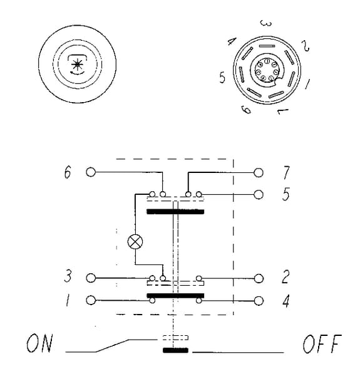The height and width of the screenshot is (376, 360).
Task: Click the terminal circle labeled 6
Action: coord(91,172)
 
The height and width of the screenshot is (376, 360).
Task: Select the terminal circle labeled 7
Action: coord(258,172)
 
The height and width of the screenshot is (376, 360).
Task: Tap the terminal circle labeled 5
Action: coord(258,194)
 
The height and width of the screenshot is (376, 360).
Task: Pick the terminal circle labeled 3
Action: coord(91,278)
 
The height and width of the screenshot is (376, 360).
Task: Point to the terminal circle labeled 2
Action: coord(259,279)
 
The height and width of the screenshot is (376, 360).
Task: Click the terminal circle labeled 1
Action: coord(91,300)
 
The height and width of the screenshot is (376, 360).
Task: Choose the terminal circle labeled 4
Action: coord(259,301)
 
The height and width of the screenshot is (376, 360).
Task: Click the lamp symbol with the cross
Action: coord(135,241)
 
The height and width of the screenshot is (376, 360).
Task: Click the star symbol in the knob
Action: coord(77,65)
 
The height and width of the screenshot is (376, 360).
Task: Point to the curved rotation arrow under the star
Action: coord(77,73)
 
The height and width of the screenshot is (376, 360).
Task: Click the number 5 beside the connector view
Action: coord(222,78)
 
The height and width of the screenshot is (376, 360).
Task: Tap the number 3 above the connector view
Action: coord(266,23)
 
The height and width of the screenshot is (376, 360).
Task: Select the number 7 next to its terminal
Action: coord(286,172)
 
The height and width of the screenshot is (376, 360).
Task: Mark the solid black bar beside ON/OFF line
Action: coord(175,350)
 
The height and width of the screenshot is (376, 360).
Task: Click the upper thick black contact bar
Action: coord(175,212)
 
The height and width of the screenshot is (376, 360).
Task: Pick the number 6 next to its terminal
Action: coord(68,172)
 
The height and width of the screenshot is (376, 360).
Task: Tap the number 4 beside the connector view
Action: coord(232,41)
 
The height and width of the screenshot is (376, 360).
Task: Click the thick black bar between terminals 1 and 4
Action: coord(175,295)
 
